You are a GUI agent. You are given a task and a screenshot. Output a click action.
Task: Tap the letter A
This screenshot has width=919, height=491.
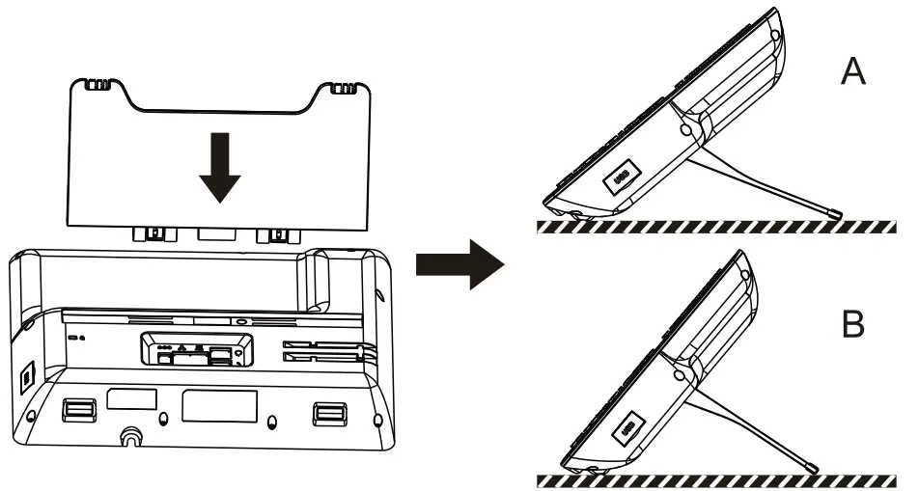(852, 71)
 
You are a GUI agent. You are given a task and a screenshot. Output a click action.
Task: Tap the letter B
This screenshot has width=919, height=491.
(852, 325)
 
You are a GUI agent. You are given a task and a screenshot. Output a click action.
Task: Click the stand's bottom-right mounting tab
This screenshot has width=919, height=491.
(277, 234)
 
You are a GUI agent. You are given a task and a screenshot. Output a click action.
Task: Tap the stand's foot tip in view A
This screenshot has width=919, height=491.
(837, 212)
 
